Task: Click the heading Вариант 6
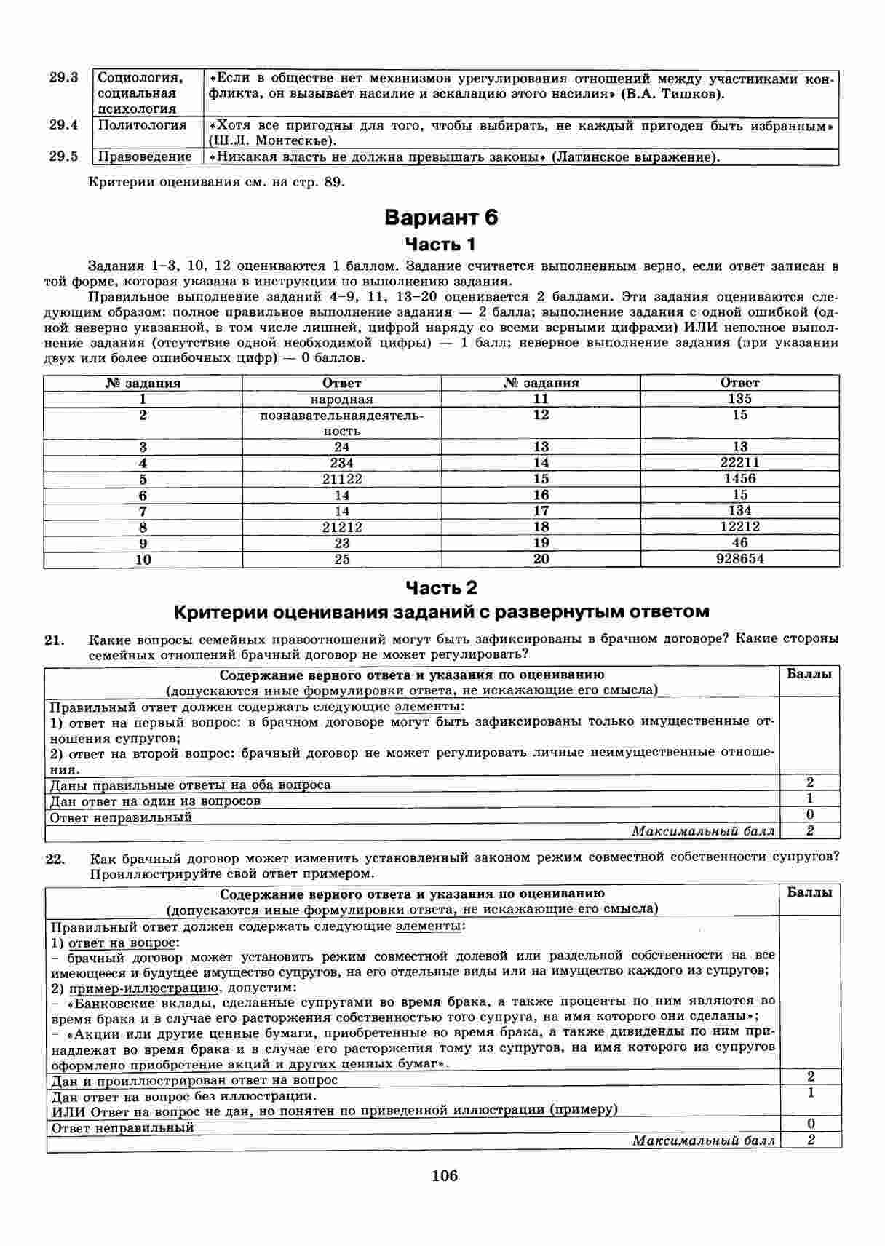coord(441,217)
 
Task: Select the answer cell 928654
coord(739,559)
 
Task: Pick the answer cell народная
coord(341,399)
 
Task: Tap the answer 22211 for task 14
coord(739,462)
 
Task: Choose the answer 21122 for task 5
coord(341,479)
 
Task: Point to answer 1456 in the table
coord(739,478)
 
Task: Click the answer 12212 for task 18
coord(739,526)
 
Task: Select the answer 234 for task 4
coord(341,463)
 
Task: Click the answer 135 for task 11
coord(739,398)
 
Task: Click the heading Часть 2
coord(441,587)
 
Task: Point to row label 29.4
coord(63,125)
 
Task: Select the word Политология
coord(142,125)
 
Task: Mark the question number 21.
coord(55,640)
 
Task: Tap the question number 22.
coord(55,860)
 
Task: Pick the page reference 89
coord(332,182)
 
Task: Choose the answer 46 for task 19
coord(739,543)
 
